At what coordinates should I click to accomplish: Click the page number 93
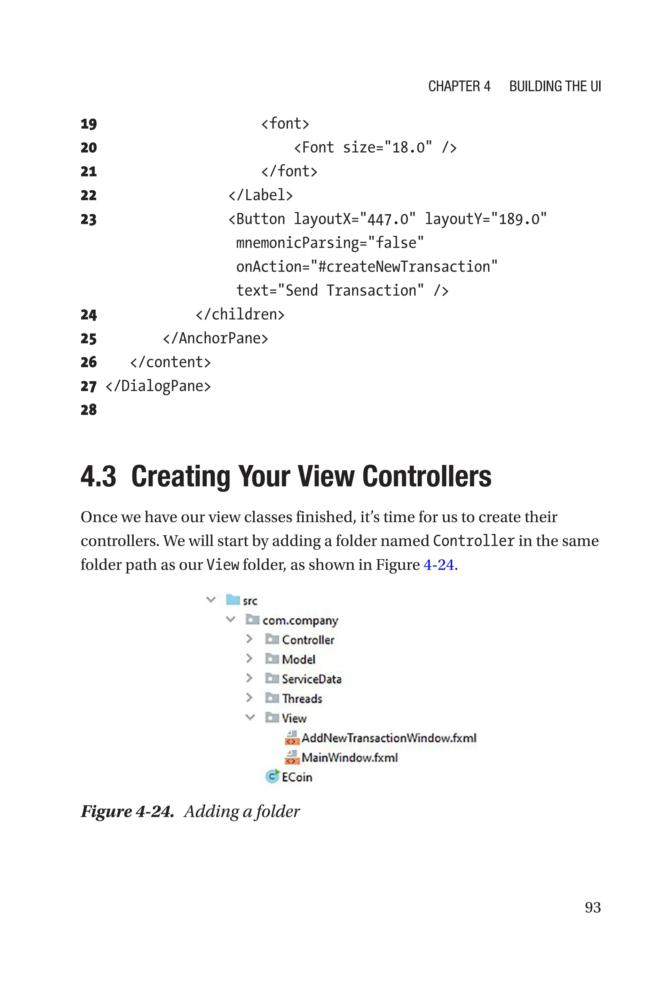click(592, 907)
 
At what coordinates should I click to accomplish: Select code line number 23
click(89, 219)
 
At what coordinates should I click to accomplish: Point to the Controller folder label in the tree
click(308, 640)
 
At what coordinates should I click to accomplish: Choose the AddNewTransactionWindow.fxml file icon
click(292, 738)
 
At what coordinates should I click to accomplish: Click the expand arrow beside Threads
click(249, 697)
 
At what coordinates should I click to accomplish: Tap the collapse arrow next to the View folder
click(250, 717)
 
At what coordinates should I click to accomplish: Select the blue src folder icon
click(233, 600)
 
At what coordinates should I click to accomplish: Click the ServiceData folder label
click(311, 679)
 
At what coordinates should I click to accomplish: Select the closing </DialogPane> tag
click(158, 386)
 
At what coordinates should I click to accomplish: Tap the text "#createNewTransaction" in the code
click(404, 266)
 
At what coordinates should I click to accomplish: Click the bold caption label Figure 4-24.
click(127, 811)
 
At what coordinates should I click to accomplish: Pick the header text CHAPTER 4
click(459, 86)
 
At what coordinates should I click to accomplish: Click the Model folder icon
click(272, 658)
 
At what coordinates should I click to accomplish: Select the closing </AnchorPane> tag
click(215, 338)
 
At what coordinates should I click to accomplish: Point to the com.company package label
click(300, 620)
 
